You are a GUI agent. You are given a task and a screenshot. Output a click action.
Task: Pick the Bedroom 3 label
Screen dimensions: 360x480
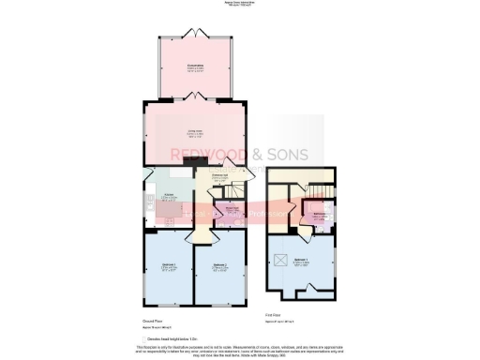tap(168, 267)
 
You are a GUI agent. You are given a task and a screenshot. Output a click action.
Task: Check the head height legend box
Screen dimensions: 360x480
tap(145, 338)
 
